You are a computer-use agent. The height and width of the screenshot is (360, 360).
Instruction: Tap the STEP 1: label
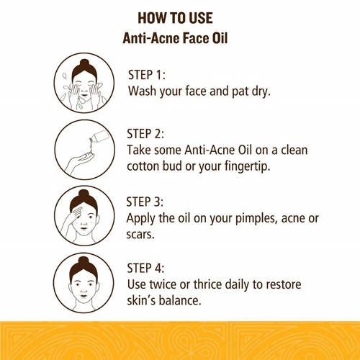coord(147,75)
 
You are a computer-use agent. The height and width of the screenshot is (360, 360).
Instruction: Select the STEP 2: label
coord(147,135)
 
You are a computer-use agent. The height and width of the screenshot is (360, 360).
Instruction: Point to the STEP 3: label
coord(147,201)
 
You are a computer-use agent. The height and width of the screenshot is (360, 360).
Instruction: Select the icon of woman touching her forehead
coord(86,216)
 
